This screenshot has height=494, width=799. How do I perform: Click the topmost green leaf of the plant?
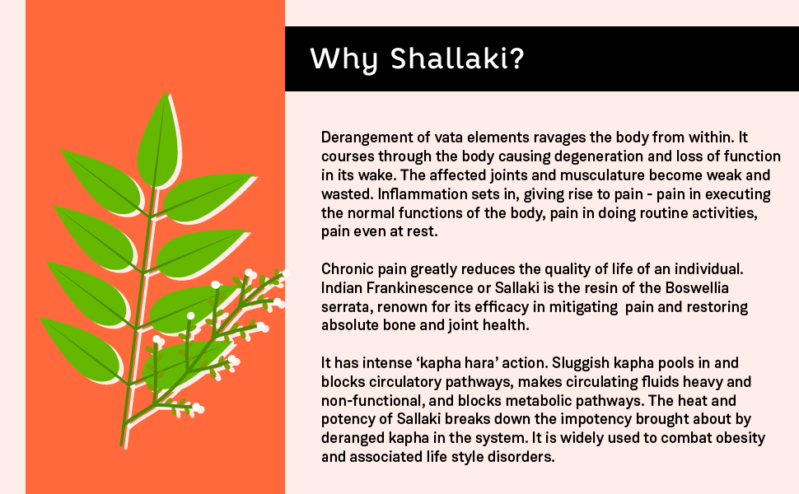tap(160, 141)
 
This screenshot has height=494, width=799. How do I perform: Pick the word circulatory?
tap(403, 382)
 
